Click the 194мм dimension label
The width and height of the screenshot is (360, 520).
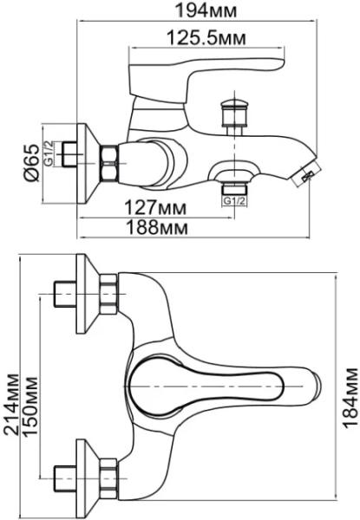[x=206, y=10]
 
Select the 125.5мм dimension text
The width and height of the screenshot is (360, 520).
[x=206, y=38]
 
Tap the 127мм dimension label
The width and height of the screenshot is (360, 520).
[x=155, y=208]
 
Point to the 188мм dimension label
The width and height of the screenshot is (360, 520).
[x=156, y=228]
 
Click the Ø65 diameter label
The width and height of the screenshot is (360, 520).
[x=32, y=163]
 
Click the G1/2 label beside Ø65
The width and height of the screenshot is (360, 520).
[x=49, y=153]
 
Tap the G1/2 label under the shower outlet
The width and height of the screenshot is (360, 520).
[x=234, y=201]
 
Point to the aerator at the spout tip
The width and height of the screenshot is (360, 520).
[x=308, y=172]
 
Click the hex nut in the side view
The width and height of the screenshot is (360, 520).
[x=109, y=163]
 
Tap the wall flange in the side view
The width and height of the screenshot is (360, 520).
[x=88, y=163]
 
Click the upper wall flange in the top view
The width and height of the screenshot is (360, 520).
[x=88, y=294]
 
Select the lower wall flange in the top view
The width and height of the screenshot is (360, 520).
[x=88, y=478]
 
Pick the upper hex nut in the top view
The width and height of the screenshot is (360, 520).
[x=108, y=294]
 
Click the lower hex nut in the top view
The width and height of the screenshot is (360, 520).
[x=108, y=478]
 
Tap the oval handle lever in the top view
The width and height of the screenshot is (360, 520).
[x=206, y=387]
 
